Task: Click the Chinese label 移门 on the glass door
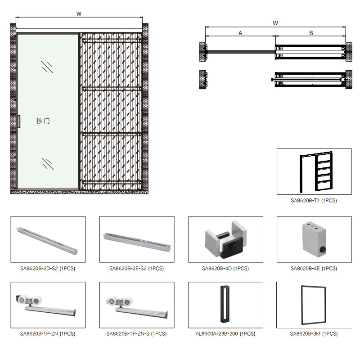point(43,121)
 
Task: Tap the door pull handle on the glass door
point(19,121)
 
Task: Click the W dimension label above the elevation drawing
point(79,14)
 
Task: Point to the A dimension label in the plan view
point(240,33)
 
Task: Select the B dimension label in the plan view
point(311,33)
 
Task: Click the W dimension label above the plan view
point(275,23)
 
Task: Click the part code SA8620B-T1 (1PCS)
point(314,200)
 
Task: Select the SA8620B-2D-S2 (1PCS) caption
point(48,268)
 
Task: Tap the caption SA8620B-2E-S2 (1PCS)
point(137,268)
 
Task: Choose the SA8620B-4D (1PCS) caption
point(225,268)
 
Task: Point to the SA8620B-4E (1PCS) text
point(314,268)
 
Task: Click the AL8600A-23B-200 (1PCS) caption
point(225,333)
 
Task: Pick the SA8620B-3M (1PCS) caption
point(314,333)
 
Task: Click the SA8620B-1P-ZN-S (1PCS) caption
point(137,333)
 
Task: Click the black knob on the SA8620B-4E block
point(323,249)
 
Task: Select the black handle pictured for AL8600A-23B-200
point(225,304)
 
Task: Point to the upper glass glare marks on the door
point(47,67)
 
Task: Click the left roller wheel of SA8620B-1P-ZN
point(22,300)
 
